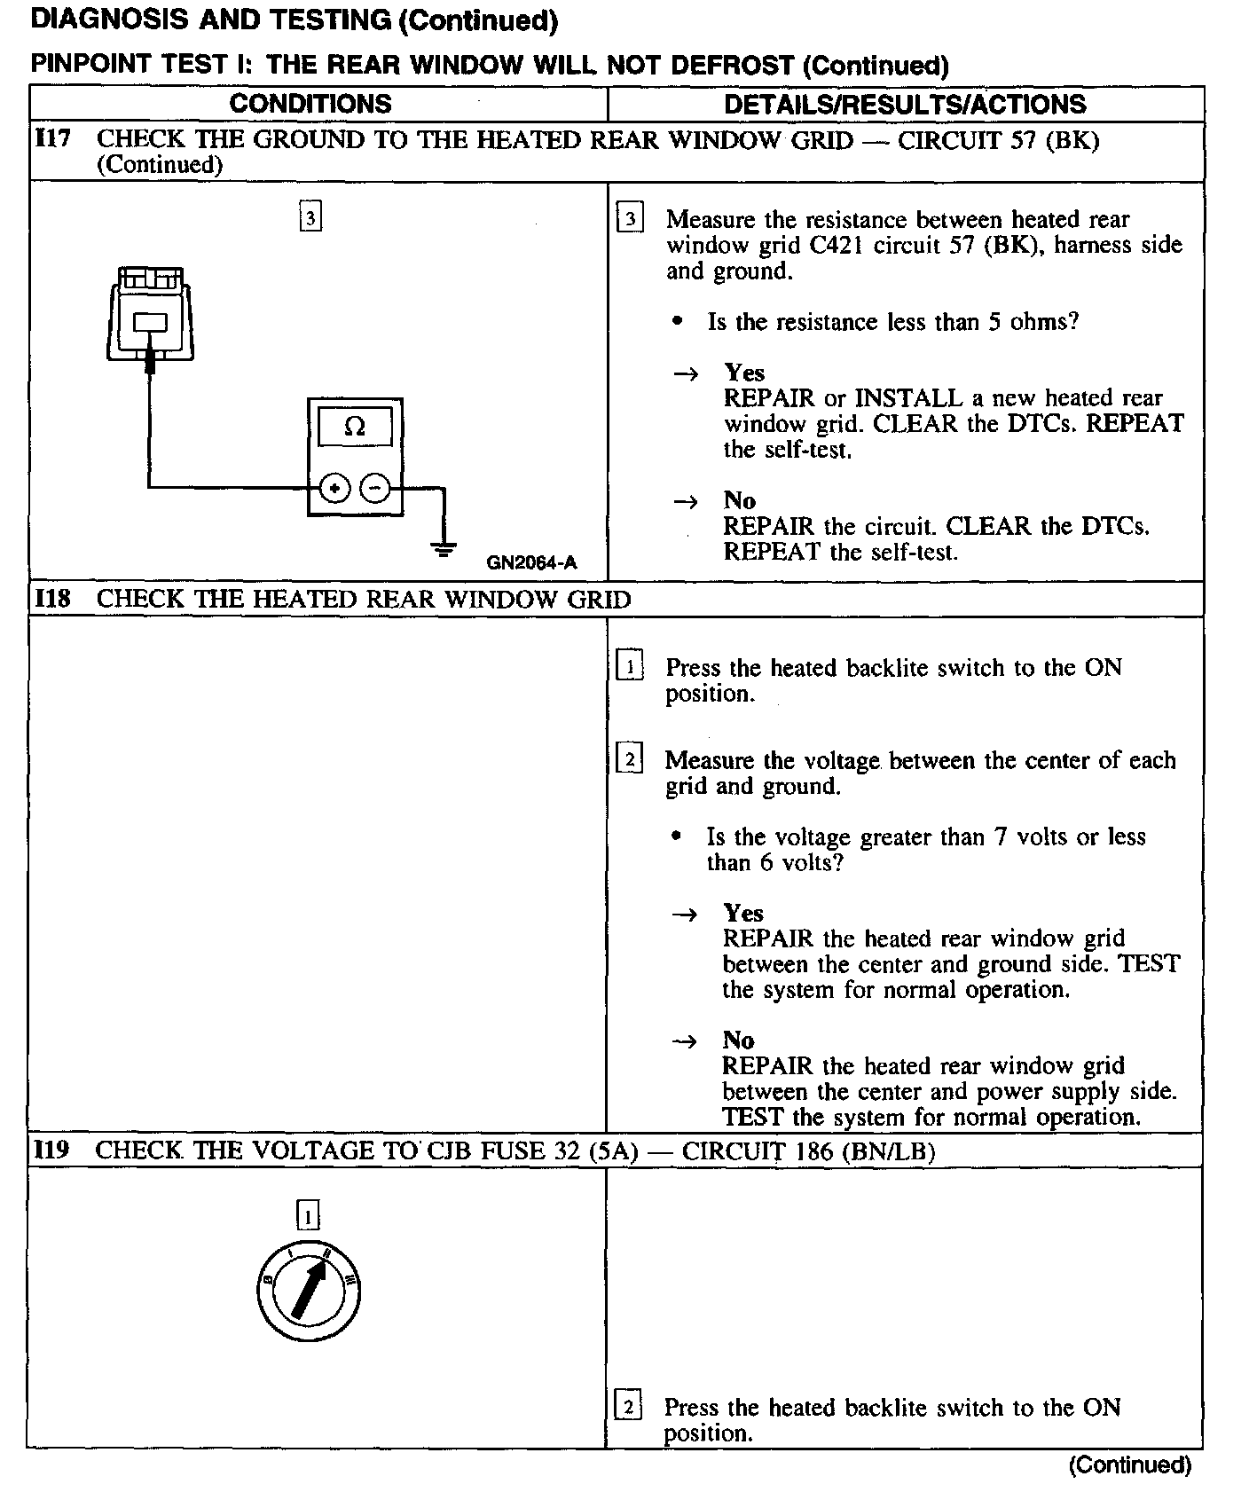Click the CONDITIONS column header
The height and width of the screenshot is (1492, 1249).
click(x=310, y=104)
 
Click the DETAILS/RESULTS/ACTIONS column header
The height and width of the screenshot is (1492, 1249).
click(x=905, y=105)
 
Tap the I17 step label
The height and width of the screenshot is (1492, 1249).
click(x=52, y=140)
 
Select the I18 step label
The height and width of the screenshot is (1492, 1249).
click(x=52, y=600)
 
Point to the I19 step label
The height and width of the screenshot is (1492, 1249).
click(x=51, y=1150)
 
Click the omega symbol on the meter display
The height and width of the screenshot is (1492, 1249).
click(x=354, y=428)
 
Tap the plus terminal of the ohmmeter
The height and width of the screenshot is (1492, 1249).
click(x=334, y=488)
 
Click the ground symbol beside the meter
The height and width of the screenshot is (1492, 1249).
click(x=443, y=547)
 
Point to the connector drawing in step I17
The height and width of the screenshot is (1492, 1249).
click(x=149, y=315)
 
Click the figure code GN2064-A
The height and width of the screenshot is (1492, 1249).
click(x=531, y=562)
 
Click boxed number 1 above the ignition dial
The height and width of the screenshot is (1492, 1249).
click(x=308, y=1216)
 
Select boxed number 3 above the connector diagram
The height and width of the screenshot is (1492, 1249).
click(x=310, y=217)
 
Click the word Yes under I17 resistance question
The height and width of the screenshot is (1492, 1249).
click(x=743, y=373)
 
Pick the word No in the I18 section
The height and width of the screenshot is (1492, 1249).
click(x=738, y=1040)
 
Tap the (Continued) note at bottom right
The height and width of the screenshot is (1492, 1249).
click(x=1129, y=1465)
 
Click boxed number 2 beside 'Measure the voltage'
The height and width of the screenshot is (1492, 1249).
click(x=629, y=760)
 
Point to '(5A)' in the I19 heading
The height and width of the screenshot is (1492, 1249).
click(x=613, y=1150)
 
